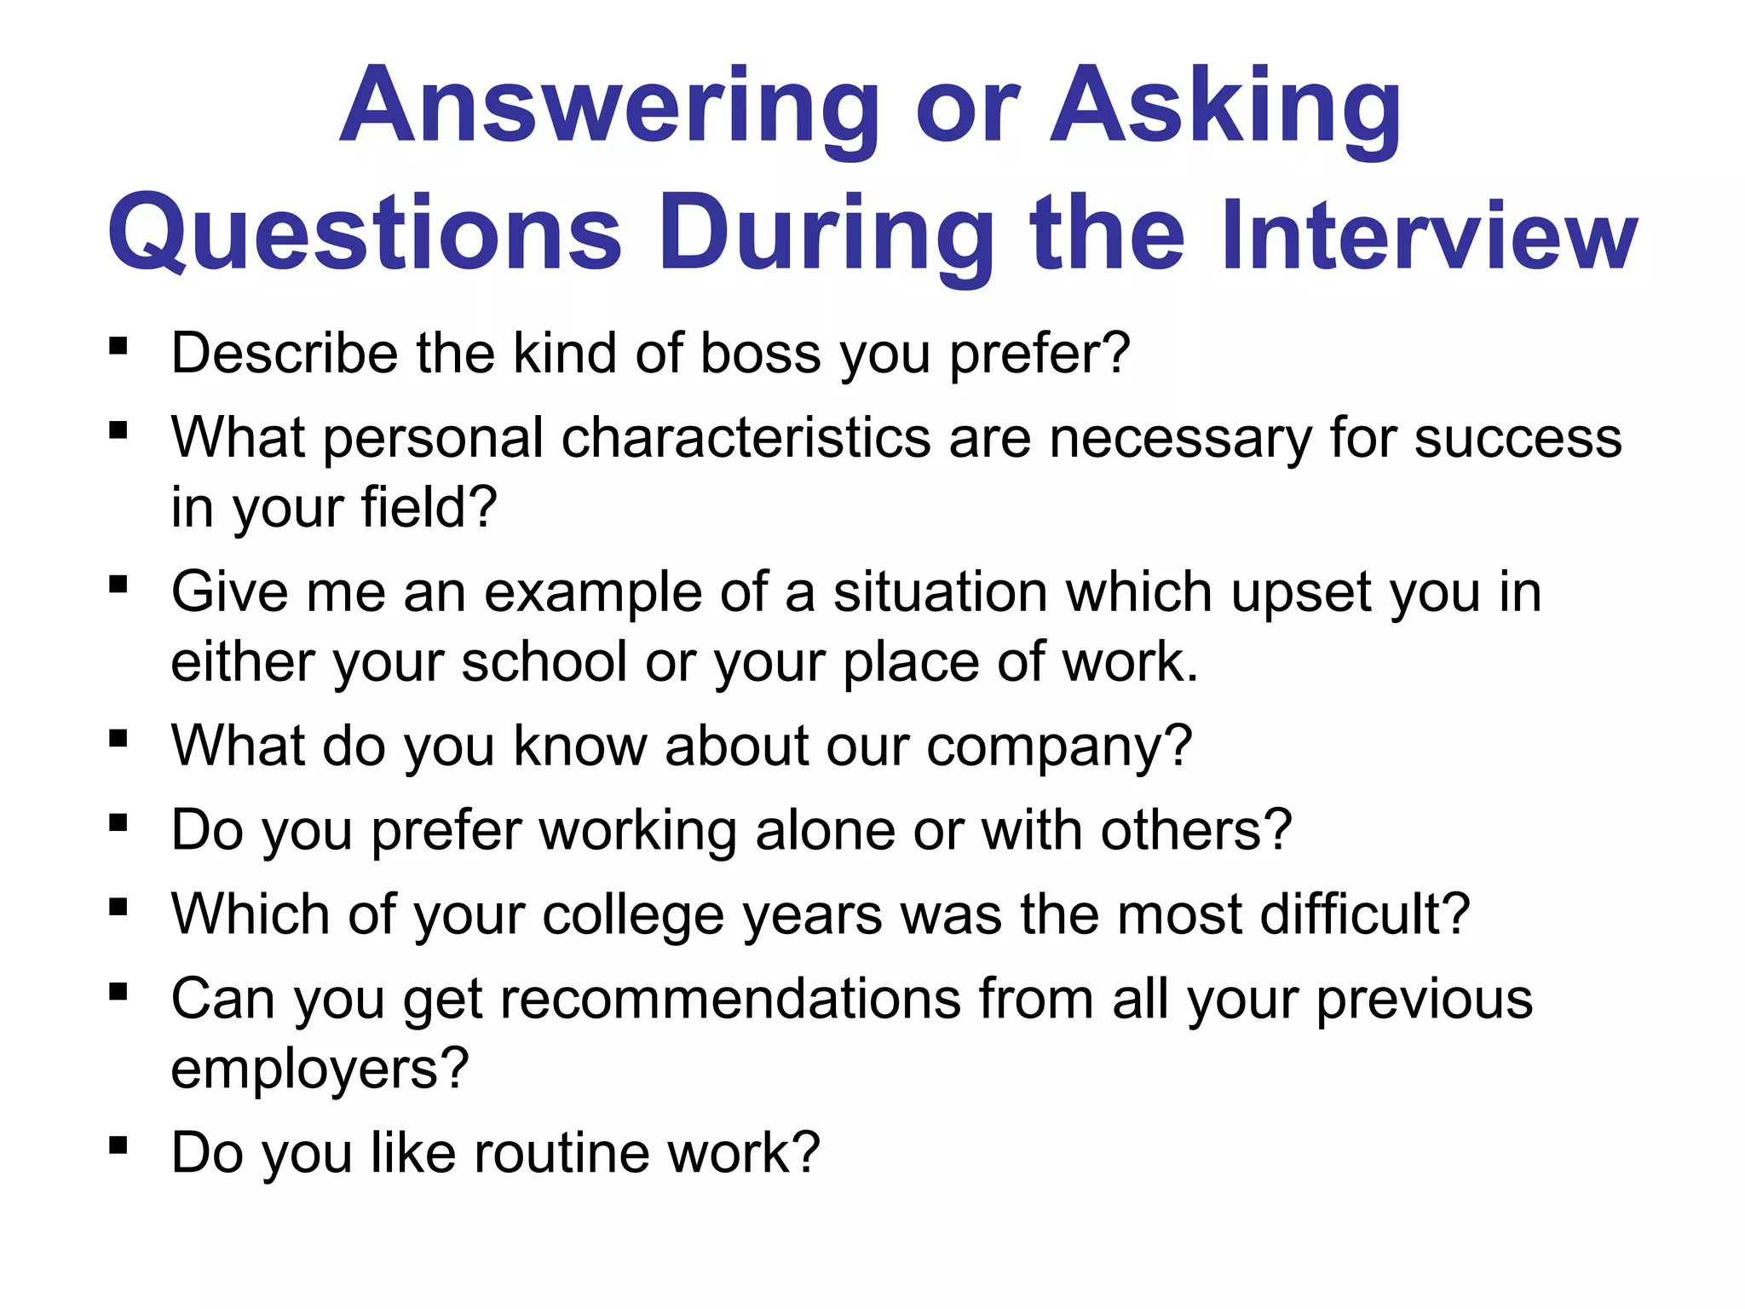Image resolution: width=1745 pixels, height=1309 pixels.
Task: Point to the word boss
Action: [x=760, y=353]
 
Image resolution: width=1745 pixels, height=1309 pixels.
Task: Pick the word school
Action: [x=544, y=661]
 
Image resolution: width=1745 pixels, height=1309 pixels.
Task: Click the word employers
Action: [x=320, y=1069]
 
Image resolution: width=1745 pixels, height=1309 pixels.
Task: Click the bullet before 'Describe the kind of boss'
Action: [x=118, y=347]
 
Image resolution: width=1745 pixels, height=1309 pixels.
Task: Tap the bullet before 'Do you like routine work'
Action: [x=118, y=1145]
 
